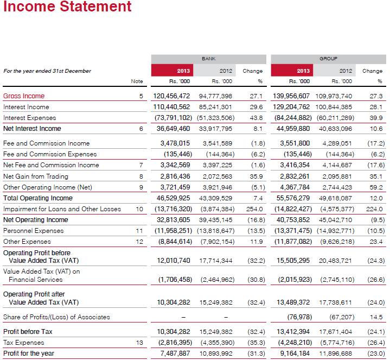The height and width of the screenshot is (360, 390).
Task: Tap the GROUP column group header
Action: [x=329, y=58]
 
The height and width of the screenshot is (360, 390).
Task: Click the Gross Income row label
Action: [x=24, y=96]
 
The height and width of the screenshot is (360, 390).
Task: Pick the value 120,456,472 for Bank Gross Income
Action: [x=172, y=96]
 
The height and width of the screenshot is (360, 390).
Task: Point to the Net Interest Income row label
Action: [x=32, y=129]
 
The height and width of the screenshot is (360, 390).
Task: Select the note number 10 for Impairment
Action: [x=139, y=209]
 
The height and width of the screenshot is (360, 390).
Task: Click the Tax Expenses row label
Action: [x=24, y=343]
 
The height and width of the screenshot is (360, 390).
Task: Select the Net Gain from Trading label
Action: [x=36, y=176]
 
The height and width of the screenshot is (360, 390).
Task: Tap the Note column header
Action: [x=137, y=81]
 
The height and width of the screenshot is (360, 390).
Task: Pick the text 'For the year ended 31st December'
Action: [x=47, y=71]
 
